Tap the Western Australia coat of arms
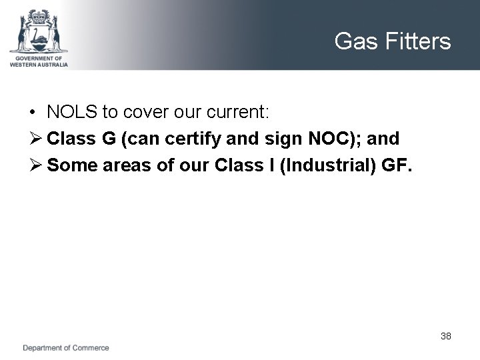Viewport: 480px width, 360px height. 39,31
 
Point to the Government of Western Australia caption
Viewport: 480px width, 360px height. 39,61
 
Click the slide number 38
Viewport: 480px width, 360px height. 446,336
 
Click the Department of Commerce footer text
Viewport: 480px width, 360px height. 66,348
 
